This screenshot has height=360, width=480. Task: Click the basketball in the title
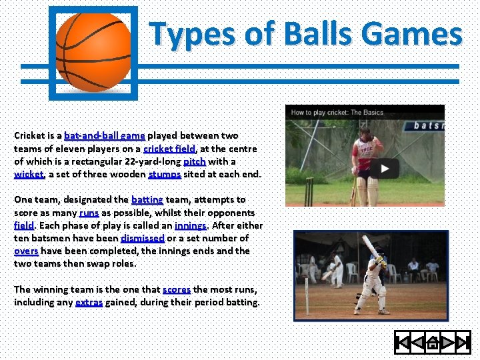pos(93,52)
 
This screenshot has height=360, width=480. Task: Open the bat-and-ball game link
pos(105,135)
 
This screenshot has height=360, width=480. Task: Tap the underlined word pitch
pos(195,161)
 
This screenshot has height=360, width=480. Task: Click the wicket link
pos(29,175)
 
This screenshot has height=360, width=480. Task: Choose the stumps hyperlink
pos(165,175)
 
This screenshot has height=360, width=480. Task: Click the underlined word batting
pos(147,199)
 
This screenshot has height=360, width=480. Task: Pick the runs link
pos(89,213)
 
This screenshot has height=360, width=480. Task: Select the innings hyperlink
pos(191,225)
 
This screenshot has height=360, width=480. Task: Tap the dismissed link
pos(143,238)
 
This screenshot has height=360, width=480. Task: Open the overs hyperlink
pos(26,251)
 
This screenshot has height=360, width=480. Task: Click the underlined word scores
pos(177,289)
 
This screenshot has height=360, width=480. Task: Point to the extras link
pos(89,302)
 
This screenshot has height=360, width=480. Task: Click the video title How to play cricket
pos(337,113)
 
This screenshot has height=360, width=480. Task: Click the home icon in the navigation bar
pos(432,343)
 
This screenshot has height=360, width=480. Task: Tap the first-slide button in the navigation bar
pos(403,343)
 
